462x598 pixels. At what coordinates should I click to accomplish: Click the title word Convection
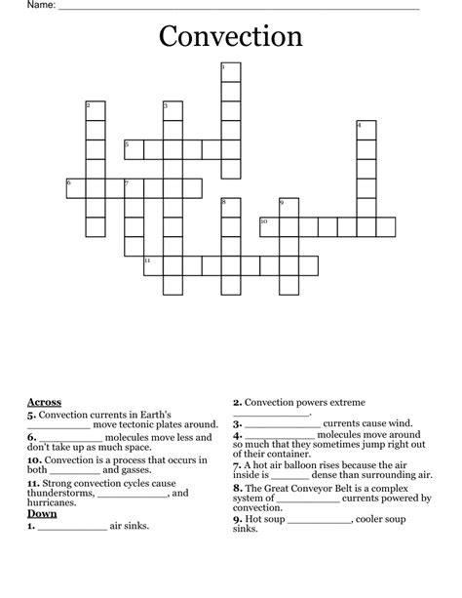(x=231, y=37)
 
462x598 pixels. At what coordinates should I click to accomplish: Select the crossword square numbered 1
(x=230, y=71)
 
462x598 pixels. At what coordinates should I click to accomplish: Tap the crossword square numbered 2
(x=95, y=110)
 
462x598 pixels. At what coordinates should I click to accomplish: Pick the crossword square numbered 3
(x=173, y=110)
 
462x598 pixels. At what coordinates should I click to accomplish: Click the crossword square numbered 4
(x=366, y=130)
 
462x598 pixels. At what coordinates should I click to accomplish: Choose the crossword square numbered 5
(x=134, y=149)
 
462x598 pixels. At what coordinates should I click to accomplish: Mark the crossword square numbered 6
(x=75, y=187)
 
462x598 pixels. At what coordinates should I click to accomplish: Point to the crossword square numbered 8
(x=230, y=207)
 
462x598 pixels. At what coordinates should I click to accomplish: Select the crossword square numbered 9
(x=289, y=207)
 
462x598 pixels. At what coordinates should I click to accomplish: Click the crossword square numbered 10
(x=269, y=226)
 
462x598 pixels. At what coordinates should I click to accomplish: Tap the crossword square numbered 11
(x=153, y=265)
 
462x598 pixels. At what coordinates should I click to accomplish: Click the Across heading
(x=44, y=402)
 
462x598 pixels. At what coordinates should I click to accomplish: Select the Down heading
(x=42, y=513)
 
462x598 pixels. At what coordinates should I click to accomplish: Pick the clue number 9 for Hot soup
(x=237, y=520)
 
